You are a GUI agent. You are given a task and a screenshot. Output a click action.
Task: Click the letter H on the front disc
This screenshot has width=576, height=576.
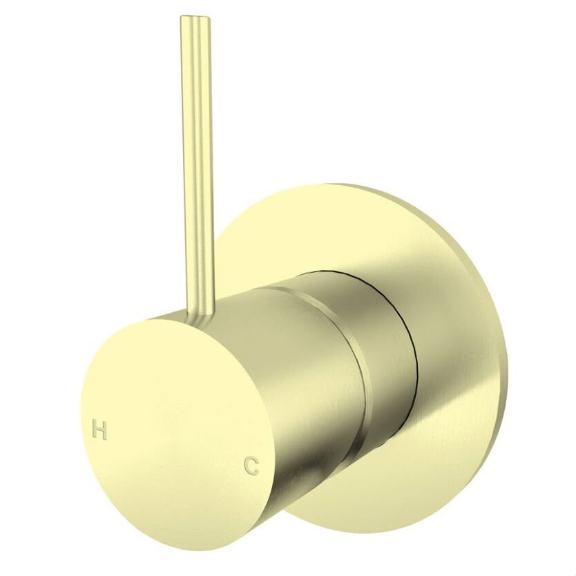pyautogui.click(x=99, y=431)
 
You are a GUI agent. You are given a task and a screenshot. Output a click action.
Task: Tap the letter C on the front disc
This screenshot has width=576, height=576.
pyautogui.click(x=251, y=466)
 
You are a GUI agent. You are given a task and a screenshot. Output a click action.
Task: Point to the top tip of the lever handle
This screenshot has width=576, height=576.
pyautogui.click(x=195, y=19)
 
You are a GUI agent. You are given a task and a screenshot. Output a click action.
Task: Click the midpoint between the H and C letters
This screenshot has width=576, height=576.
pyautogui.click(x=175, y=449)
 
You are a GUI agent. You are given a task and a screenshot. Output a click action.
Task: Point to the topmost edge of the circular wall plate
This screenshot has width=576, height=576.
pyautogui.click(x=338, y=185)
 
